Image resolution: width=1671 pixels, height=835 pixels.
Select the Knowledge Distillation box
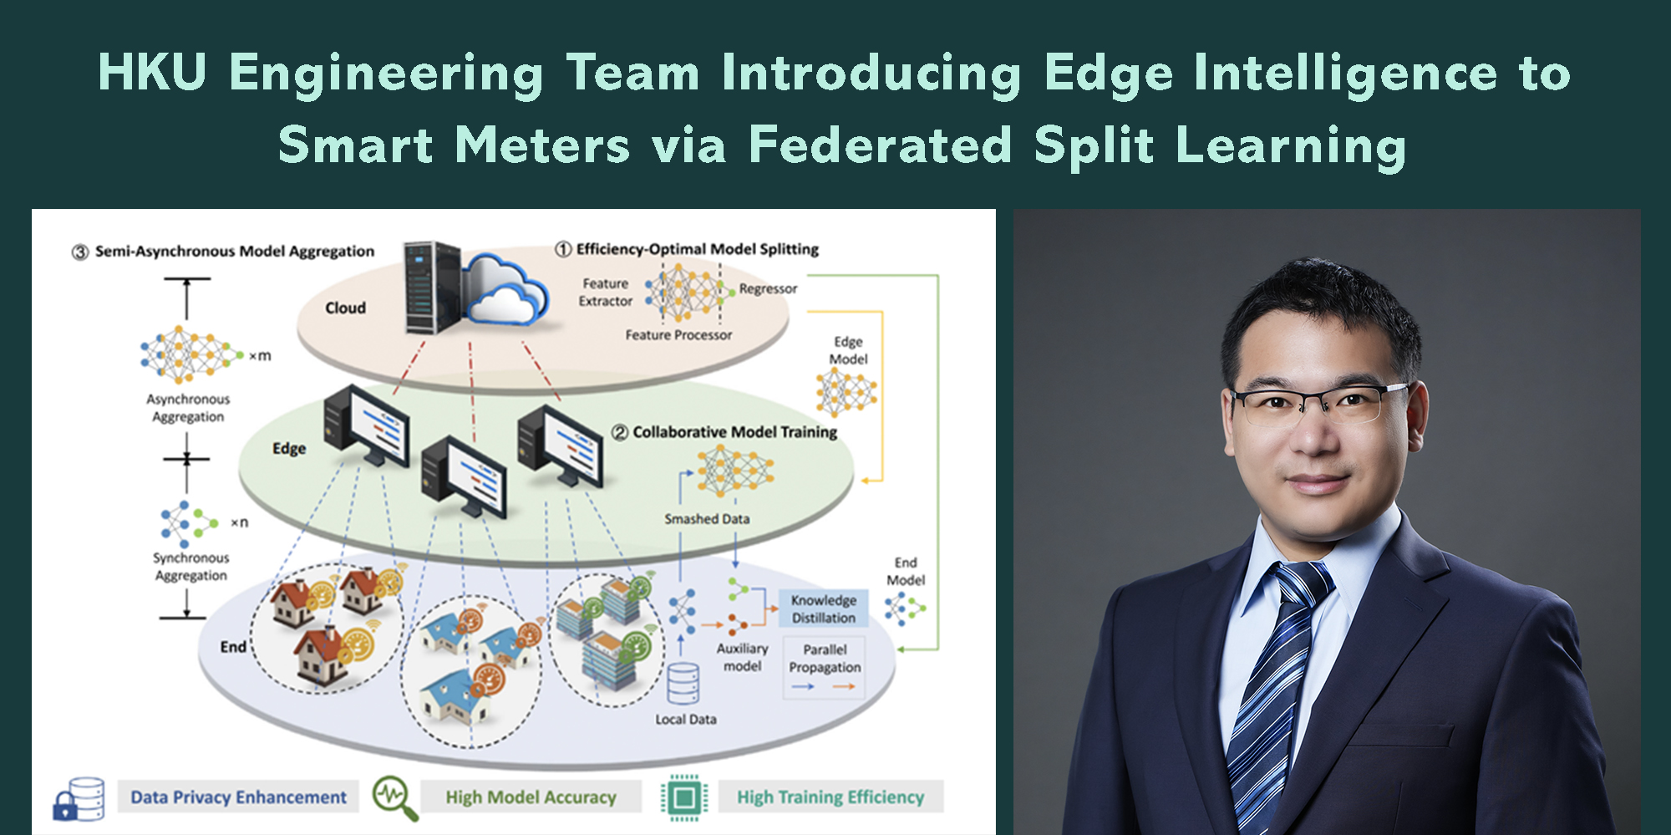click(x=823, y=608)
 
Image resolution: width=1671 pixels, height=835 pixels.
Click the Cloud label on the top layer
click(x=345, y=308)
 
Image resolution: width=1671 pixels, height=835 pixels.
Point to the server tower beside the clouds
click(x=432, y=287)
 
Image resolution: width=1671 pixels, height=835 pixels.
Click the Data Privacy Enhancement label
click(x=238, y=797)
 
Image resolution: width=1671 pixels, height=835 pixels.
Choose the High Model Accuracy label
click(x=531, y=797)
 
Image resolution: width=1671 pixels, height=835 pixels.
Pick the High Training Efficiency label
click(x=830, y=797)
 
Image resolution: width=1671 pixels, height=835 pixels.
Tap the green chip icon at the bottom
click(x=683, y=797)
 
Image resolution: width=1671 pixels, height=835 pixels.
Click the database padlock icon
click(x=79, y=799)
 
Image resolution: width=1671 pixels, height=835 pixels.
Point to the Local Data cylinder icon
click(x=683, y=683)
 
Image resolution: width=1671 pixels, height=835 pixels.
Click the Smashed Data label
click(x=707, y=519)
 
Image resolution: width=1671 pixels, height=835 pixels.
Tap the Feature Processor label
click(x=678, y=335)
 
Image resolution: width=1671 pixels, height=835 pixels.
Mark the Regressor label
click(x=768, y=288)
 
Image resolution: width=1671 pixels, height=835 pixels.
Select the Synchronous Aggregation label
click(x=190, y=567)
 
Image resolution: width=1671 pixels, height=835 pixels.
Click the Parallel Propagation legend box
click(x=825, y=667)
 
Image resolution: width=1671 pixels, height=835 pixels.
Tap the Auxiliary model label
click(x=742, y=657)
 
